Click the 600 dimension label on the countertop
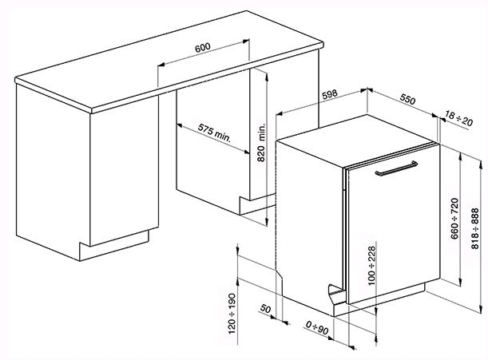[203, 48]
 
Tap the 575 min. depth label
[215, 133]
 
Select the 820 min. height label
[261, 143]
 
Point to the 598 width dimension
[330, 94]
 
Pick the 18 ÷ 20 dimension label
[458, 118]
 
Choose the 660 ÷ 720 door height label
[454, 219]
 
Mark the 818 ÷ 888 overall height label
[474, 229]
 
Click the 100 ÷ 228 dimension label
[371, 266]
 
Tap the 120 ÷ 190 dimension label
[232, 314]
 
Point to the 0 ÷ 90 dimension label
[317, 328]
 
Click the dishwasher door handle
[396, 168]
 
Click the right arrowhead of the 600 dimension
[246, 41]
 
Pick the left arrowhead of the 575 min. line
[180, 125]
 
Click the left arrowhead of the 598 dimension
[280, 113]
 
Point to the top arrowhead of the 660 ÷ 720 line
[461, 157]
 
